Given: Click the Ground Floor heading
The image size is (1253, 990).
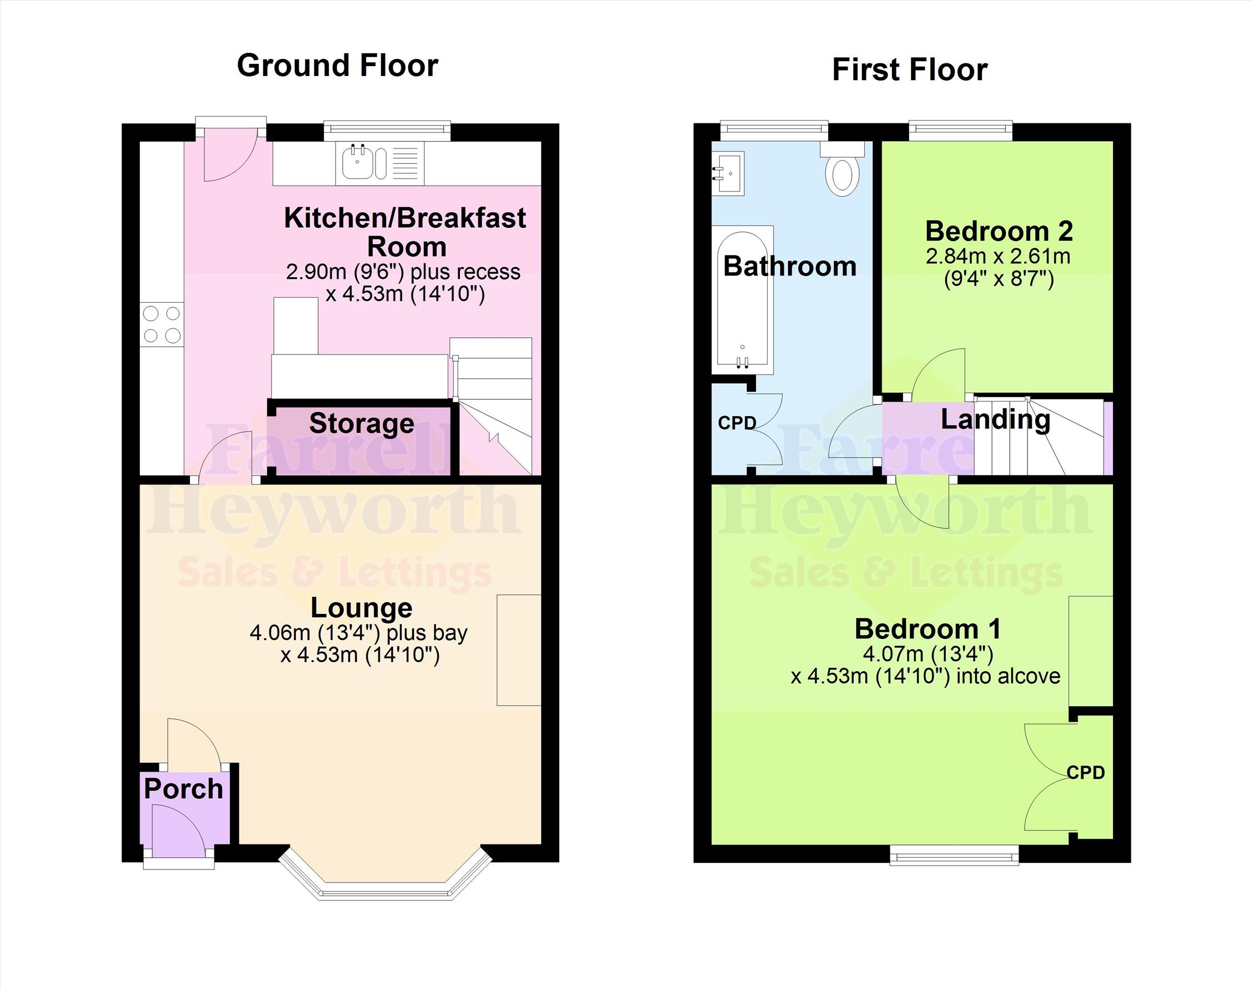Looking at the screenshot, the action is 337,66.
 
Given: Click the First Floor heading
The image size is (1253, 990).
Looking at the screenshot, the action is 909,70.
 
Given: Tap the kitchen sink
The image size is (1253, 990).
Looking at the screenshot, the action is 364,162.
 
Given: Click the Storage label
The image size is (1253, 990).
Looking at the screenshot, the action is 362,423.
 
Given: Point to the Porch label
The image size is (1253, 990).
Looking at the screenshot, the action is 183,789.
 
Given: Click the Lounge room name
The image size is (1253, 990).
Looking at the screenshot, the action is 362,608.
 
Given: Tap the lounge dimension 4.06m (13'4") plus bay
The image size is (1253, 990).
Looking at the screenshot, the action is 358,633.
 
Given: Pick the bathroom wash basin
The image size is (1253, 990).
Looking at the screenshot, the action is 728,173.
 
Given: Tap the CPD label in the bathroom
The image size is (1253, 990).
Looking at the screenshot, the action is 736,423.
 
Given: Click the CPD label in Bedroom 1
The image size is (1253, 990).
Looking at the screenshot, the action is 1085,773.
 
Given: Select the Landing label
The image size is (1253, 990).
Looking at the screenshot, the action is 995,419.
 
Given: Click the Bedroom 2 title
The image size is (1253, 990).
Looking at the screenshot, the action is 999,231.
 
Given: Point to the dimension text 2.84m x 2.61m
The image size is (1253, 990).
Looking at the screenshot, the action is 998,256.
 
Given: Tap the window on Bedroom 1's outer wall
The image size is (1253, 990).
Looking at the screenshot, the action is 954,855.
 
